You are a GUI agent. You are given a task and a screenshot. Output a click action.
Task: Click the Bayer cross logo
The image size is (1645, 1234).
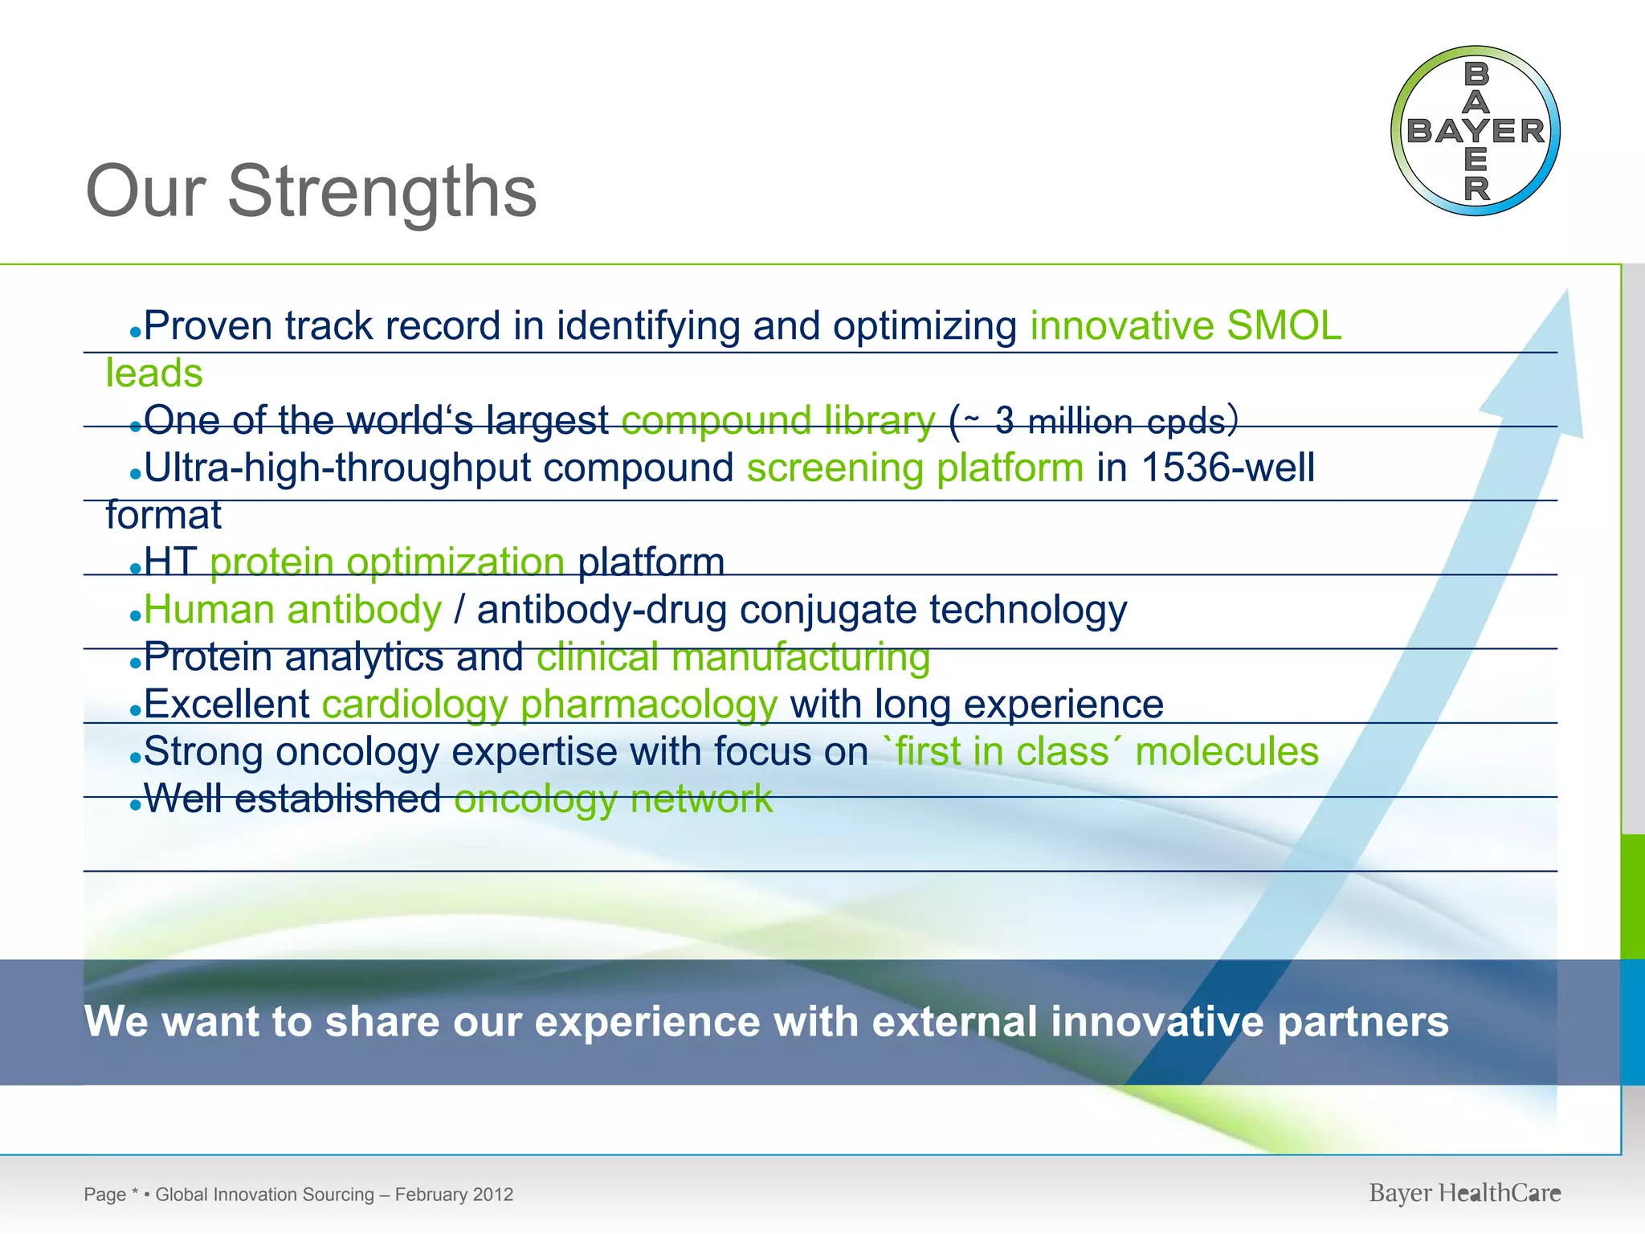pyautogui.click(x=1476, y=131)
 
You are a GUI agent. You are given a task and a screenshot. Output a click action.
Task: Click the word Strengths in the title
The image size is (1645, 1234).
pyautogui.click(x=382, y=191)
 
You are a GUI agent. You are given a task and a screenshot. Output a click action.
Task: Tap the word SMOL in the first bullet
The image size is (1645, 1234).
pyautogui.click(x=1284, y=326)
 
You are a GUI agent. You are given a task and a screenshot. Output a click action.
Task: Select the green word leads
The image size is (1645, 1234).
pyautogui.click(x=153, y=374)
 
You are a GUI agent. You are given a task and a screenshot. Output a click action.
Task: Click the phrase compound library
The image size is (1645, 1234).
pyautogui.click(x=778, y=420)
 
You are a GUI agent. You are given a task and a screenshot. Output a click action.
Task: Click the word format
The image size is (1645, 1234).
pyautogui.click(x=163, y=515)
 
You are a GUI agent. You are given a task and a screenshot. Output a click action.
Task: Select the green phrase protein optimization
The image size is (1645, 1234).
pyautogui.click(x=386, y=562)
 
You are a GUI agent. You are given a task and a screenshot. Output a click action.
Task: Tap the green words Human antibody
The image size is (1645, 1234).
pyautogui.click(x=292, y=610)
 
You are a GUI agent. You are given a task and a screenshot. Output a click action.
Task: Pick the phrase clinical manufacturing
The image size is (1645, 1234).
pyautogui.click(x=733, y=657)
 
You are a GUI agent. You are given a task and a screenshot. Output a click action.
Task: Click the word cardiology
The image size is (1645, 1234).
pyautogui.click(x=414, y=705)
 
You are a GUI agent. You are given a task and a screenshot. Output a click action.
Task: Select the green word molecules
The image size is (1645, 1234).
pyautogui.click(x=1227, y=752)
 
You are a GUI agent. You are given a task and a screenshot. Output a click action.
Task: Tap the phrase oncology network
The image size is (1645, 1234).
pyautogui.click(x=613, y=799)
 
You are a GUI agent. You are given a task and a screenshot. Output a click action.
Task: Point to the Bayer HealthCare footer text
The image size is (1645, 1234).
pyautogui.click(x=1464, y=1193)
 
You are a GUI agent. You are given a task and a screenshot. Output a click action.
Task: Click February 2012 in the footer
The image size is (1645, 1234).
pyautogui.click(x=454, y=1195)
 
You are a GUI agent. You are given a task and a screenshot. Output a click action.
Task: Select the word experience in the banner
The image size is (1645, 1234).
pyautogui.click(x=647, y=1022)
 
